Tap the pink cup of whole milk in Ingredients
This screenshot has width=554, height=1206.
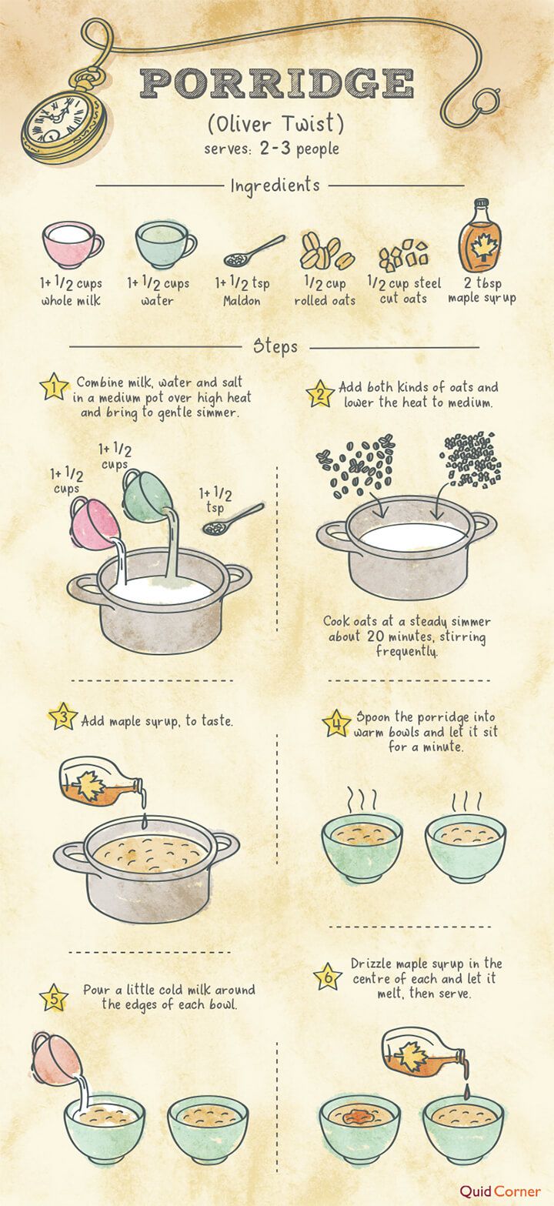72,245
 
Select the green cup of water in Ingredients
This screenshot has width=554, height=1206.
165,245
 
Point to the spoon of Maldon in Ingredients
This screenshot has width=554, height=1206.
254,251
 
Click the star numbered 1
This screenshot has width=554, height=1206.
55,386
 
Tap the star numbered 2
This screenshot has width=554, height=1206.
320,394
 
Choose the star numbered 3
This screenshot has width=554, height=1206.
63,717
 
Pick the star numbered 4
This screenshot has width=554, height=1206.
336,723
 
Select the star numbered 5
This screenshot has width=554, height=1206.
54,997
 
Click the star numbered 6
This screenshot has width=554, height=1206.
328,977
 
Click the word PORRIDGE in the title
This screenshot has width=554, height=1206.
277,83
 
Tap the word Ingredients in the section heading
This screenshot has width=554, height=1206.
275,185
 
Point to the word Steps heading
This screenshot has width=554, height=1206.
275,346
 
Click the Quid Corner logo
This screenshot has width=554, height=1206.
500,1191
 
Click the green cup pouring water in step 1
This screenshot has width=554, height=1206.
146,496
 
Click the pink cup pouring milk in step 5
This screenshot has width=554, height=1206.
56,1057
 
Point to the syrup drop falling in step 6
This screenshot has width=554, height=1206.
466,1091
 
